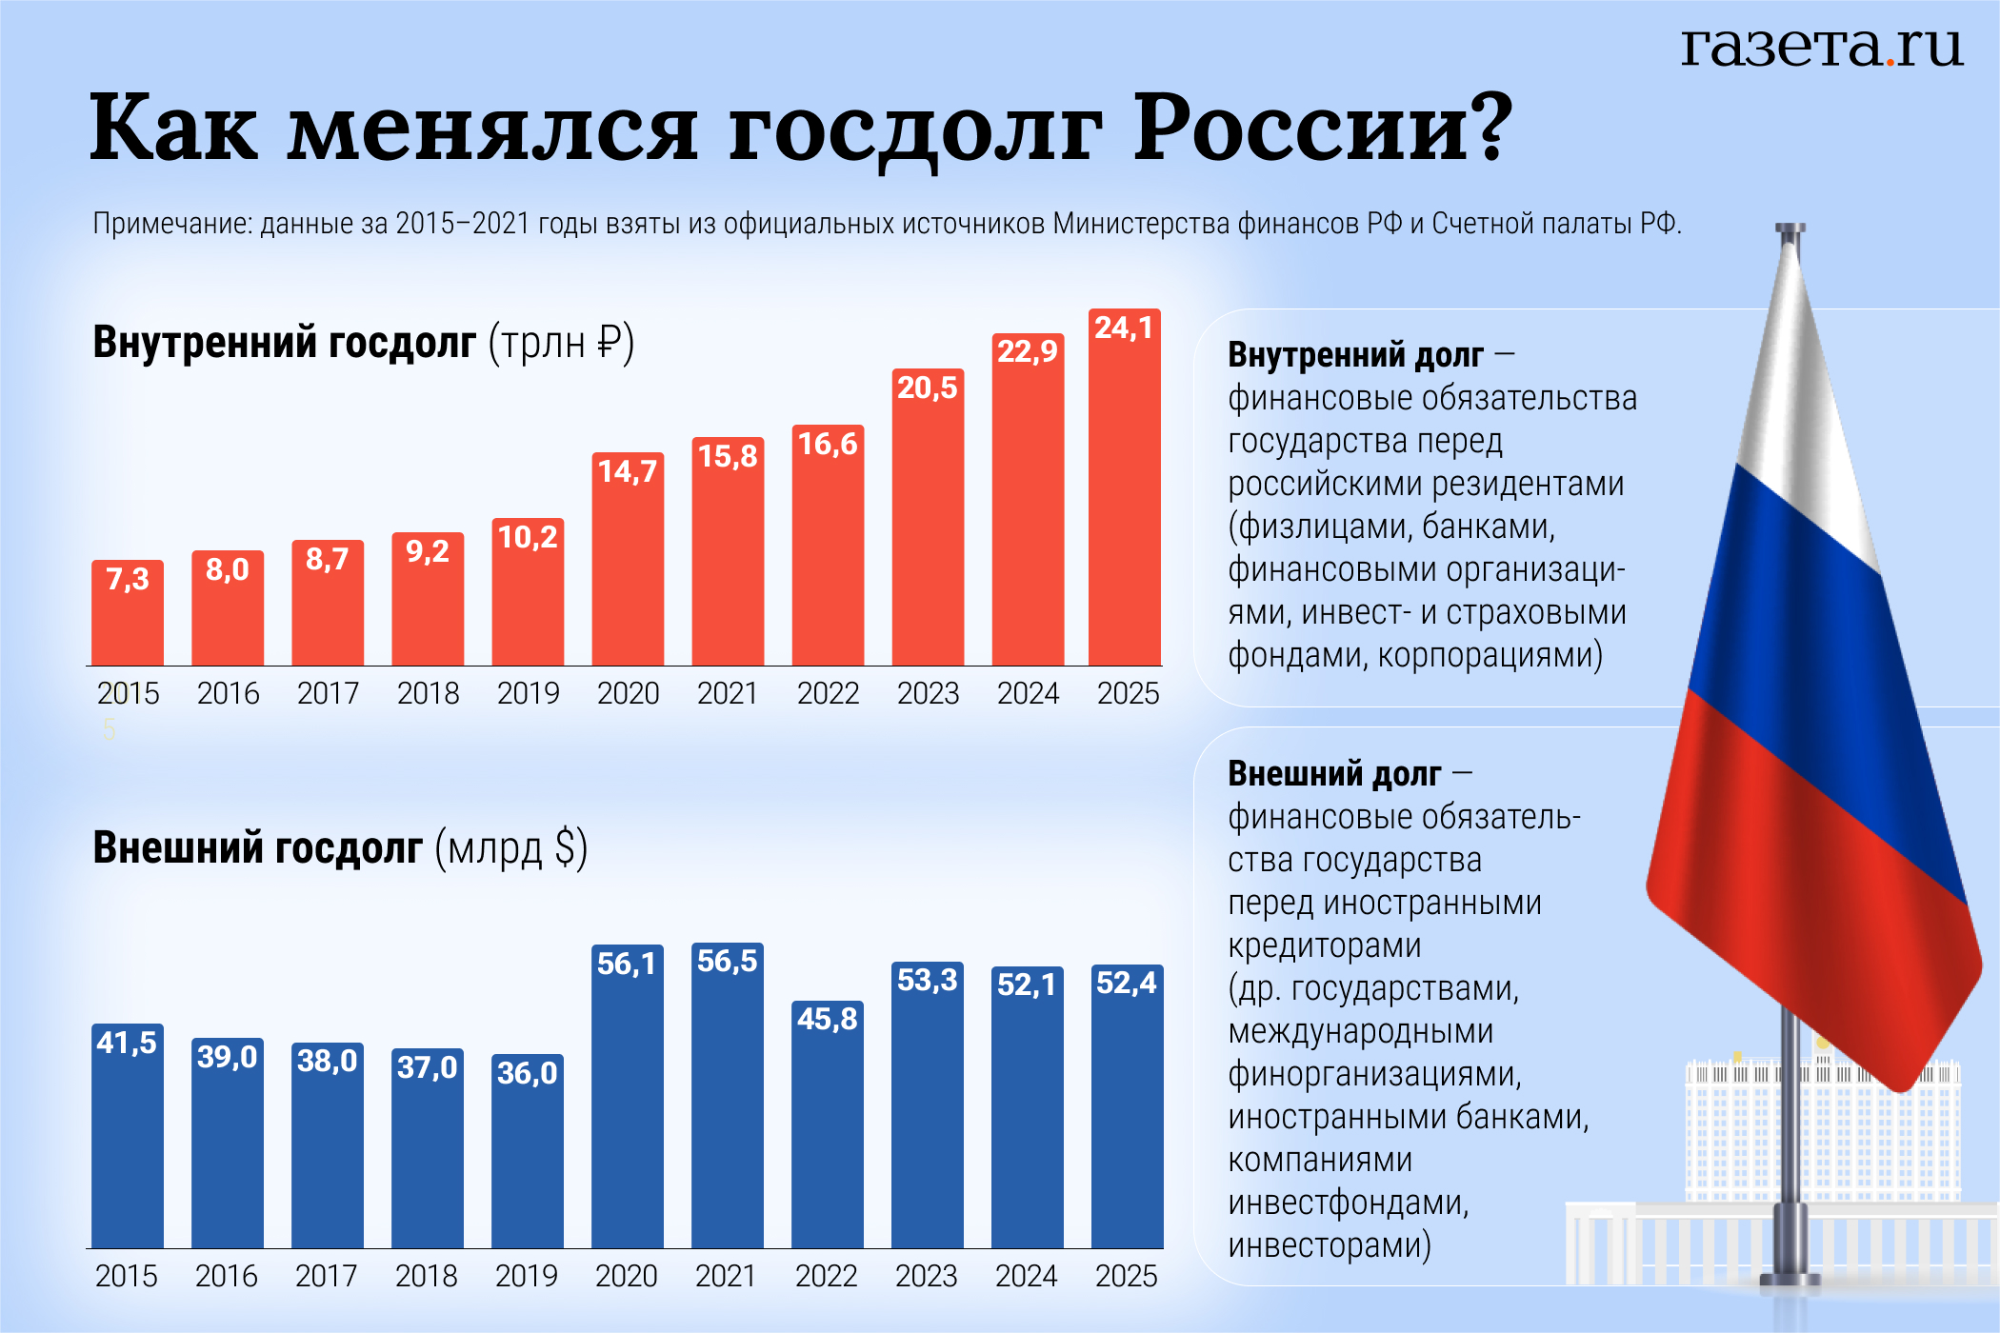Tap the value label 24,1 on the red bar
1124,328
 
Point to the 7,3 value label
128,579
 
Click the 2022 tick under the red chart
828,693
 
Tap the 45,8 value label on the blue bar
827,1019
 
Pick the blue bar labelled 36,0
527,1162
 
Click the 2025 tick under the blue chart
1126,1276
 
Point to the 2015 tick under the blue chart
127,1276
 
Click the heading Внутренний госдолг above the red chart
284,343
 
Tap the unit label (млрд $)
511,847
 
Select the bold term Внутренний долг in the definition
1355,355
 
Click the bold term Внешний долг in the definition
1334,774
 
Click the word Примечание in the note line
171,224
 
